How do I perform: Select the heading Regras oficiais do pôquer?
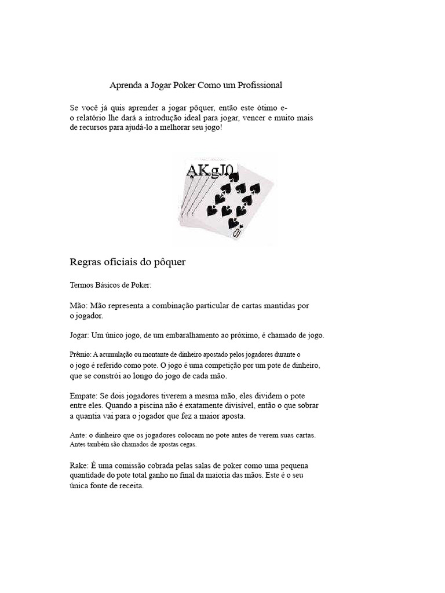pyautogui.click(x=127, y=262)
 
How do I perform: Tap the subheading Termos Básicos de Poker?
pyautogui.click(x=110, y=285)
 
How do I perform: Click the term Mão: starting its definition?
pyautogui.click(x=78, y=305)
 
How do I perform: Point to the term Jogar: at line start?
pyautogui.click(x=79, y=335)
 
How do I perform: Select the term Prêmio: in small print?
pyautogui.click(x=79, y=354)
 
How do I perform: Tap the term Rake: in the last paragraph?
pyautogui.click(x=79, y=466)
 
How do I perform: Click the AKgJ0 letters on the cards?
pyautogui.click(x=209, y=170)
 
